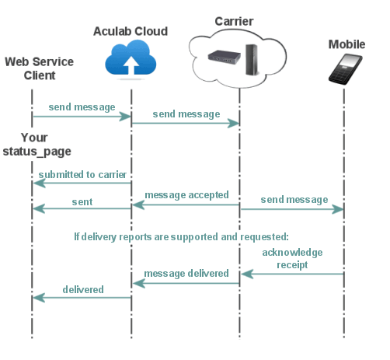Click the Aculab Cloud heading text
click(x=131, y=31)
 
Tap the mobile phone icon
click(x=345, y=71)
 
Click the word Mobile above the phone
click(x=346, y=44)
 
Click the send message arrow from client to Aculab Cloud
click(x=81, y=117)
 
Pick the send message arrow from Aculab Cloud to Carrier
click(x=185, y=124)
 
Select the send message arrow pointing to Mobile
click(x=291, y=208)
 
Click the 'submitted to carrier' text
click(x=82, y=174)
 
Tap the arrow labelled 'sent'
click(x=82, y=208)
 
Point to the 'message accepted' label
click(x=186, y=194)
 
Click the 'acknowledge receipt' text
click(x=292, y=258)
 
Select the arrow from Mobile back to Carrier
click(x=291, y=274)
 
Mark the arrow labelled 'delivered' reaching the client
click(x=82, y=297)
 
